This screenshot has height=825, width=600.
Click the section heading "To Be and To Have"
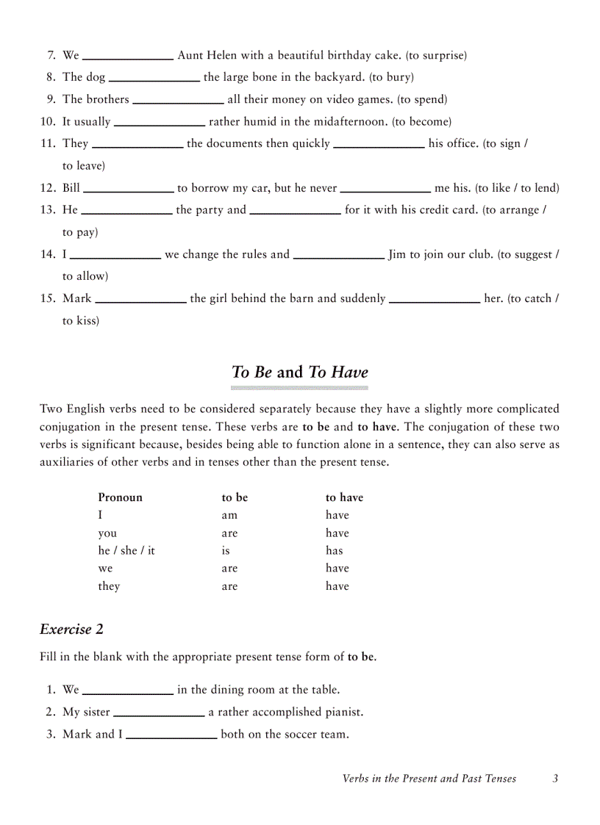(299, 372)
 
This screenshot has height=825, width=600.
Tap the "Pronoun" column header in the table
(120, 497)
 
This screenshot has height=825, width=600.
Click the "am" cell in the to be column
(229, 516)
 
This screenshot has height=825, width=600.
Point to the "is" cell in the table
(226, 551)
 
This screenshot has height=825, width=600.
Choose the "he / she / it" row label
(126, 551)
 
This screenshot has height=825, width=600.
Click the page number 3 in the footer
(556, 779)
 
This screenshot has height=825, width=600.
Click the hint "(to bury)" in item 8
(391, 77)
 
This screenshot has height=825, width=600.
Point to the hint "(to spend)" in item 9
(422, 100)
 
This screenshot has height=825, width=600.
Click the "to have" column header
(344, 497)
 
